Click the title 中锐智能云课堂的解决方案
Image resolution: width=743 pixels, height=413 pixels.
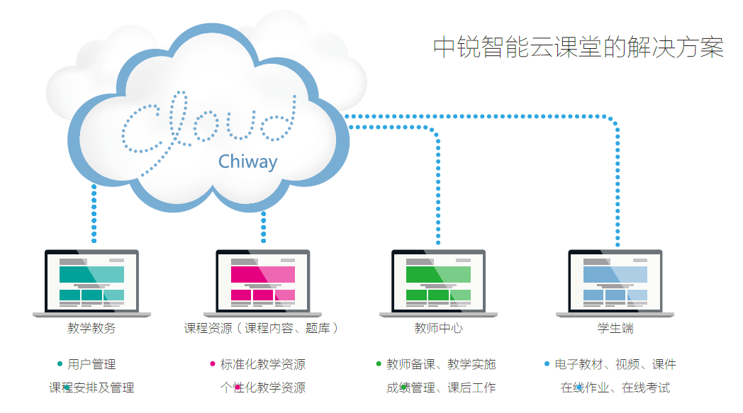point(579,47)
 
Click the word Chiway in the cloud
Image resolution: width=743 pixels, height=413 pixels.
point(248,162)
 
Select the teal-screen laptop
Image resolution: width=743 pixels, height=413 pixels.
point(91,283)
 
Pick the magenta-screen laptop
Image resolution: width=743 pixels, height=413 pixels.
point(262,283)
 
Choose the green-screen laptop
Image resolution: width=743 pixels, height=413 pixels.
point(438,283)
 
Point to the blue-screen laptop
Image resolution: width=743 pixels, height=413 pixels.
point(615,283)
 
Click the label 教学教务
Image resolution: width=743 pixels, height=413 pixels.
point(91,328)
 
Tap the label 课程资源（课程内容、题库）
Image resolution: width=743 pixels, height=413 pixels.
point(261,328)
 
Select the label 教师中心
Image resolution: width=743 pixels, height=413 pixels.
point(438,328)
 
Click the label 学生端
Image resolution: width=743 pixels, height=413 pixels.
point(615,328)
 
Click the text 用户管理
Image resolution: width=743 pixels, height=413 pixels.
point(91,364)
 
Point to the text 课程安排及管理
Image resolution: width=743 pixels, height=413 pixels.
point(91,388)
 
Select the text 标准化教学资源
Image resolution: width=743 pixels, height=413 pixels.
point(263,364)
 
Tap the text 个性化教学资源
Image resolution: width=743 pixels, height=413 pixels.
point(263,388)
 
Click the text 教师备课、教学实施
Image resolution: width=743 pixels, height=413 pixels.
point(441,364)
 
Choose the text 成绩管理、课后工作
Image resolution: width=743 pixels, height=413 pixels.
point(441,388)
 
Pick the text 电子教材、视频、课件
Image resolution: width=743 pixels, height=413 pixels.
point(615,364)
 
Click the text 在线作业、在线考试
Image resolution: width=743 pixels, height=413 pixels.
point(615,388)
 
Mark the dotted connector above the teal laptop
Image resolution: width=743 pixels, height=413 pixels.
point(94,214)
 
